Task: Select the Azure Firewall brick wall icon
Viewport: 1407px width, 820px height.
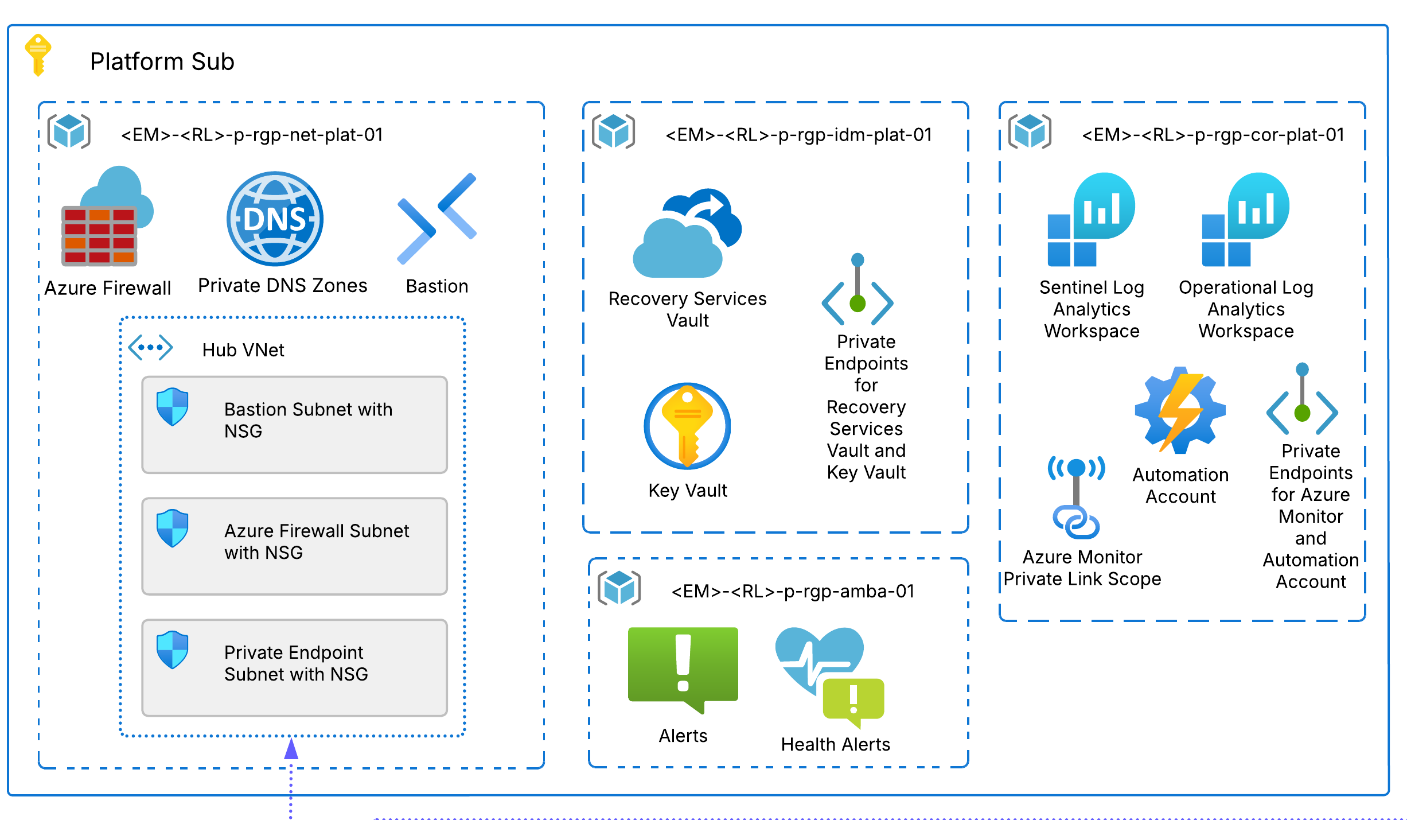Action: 100,235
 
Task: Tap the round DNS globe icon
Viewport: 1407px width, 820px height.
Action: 275,219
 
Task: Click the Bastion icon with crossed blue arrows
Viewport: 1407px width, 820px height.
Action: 437,219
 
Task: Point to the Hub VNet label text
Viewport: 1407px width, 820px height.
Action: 243,350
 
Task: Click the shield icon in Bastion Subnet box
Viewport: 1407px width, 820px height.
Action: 172,407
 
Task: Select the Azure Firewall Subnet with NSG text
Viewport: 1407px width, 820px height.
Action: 316,541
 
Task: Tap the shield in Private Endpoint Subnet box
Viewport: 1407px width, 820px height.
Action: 172,650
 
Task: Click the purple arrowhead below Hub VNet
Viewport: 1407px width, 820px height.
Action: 291,749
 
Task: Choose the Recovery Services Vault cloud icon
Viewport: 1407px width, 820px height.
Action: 687,234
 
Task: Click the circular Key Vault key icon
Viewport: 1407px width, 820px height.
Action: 687,426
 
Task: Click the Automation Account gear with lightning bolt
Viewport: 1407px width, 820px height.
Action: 1180,410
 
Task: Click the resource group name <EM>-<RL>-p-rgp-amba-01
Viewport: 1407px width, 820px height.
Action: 793,591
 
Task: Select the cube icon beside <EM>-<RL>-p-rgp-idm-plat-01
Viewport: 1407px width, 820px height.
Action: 613,131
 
